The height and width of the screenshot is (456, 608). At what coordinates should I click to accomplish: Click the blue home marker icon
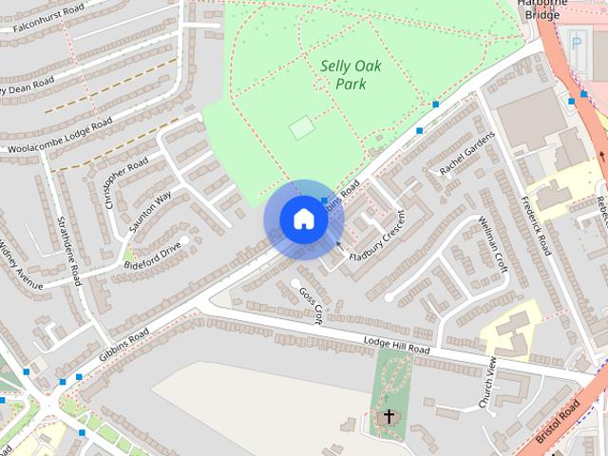pyautogui.click(x=303, y=218)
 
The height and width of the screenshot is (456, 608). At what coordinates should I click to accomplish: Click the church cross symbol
pyautogui.click(x=389, y=416)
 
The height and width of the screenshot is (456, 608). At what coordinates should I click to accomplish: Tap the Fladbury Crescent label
pyautogui.click(x=377, y=237)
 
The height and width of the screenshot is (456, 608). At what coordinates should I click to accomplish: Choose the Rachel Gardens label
pyautogui.click(x=467, y=153)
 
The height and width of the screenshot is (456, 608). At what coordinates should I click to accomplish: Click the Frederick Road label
pyautogui.click(x=536, y=225)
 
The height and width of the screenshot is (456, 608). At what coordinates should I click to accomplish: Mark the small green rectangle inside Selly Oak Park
pyautogui.click(x=301, y=127)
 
